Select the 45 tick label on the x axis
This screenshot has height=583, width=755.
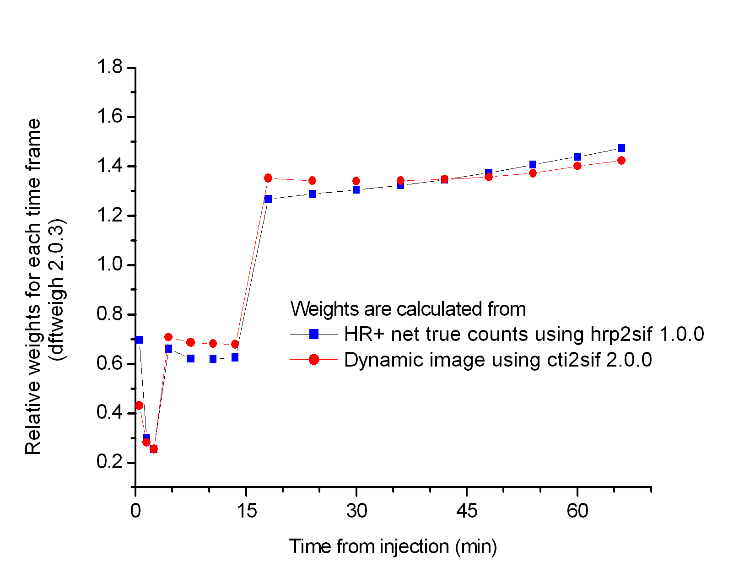467,511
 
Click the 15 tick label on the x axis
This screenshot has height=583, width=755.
247,511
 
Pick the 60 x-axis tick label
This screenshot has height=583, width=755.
577,511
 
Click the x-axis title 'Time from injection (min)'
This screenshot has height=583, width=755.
393,546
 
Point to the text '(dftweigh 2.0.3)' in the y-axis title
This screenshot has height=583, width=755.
59,290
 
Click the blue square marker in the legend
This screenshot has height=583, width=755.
314,334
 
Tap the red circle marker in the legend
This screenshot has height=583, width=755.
314,360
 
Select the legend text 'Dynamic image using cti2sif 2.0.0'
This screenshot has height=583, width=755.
498,360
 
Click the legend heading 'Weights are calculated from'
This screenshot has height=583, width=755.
408,309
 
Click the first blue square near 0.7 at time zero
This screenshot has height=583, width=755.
139,340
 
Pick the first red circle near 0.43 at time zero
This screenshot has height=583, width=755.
139,405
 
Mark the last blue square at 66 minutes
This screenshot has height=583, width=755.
621,148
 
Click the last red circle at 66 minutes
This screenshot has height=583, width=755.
621,161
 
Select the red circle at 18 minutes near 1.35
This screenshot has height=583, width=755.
268,178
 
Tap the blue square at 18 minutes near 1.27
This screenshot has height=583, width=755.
268,199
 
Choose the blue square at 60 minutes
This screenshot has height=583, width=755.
577,157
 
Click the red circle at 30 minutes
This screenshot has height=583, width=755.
356,181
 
